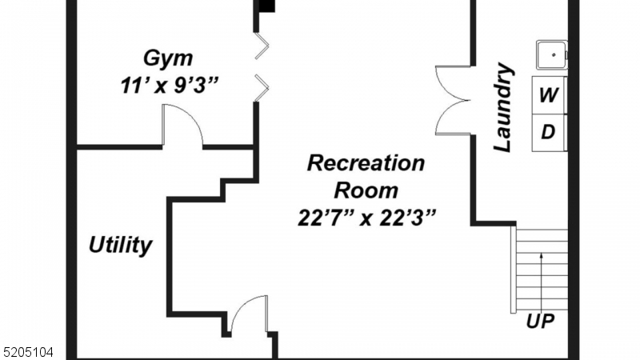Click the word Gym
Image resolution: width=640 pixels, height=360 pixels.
168,58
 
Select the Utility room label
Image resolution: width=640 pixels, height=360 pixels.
120,245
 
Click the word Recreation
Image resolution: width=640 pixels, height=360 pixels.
366,164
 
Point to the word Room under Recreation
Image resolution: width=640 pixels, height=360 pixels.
366,190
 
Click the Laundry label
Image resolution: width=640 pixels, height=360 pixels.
502,109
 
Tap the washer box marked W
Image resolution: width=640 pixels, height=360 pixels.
549,95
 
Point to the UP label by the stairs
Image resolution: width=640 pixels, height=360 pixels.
541,322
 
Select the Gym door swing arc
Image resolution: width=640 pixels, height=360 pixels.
182,124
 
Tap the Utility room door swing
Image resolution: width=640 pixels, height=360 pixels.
248,314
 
